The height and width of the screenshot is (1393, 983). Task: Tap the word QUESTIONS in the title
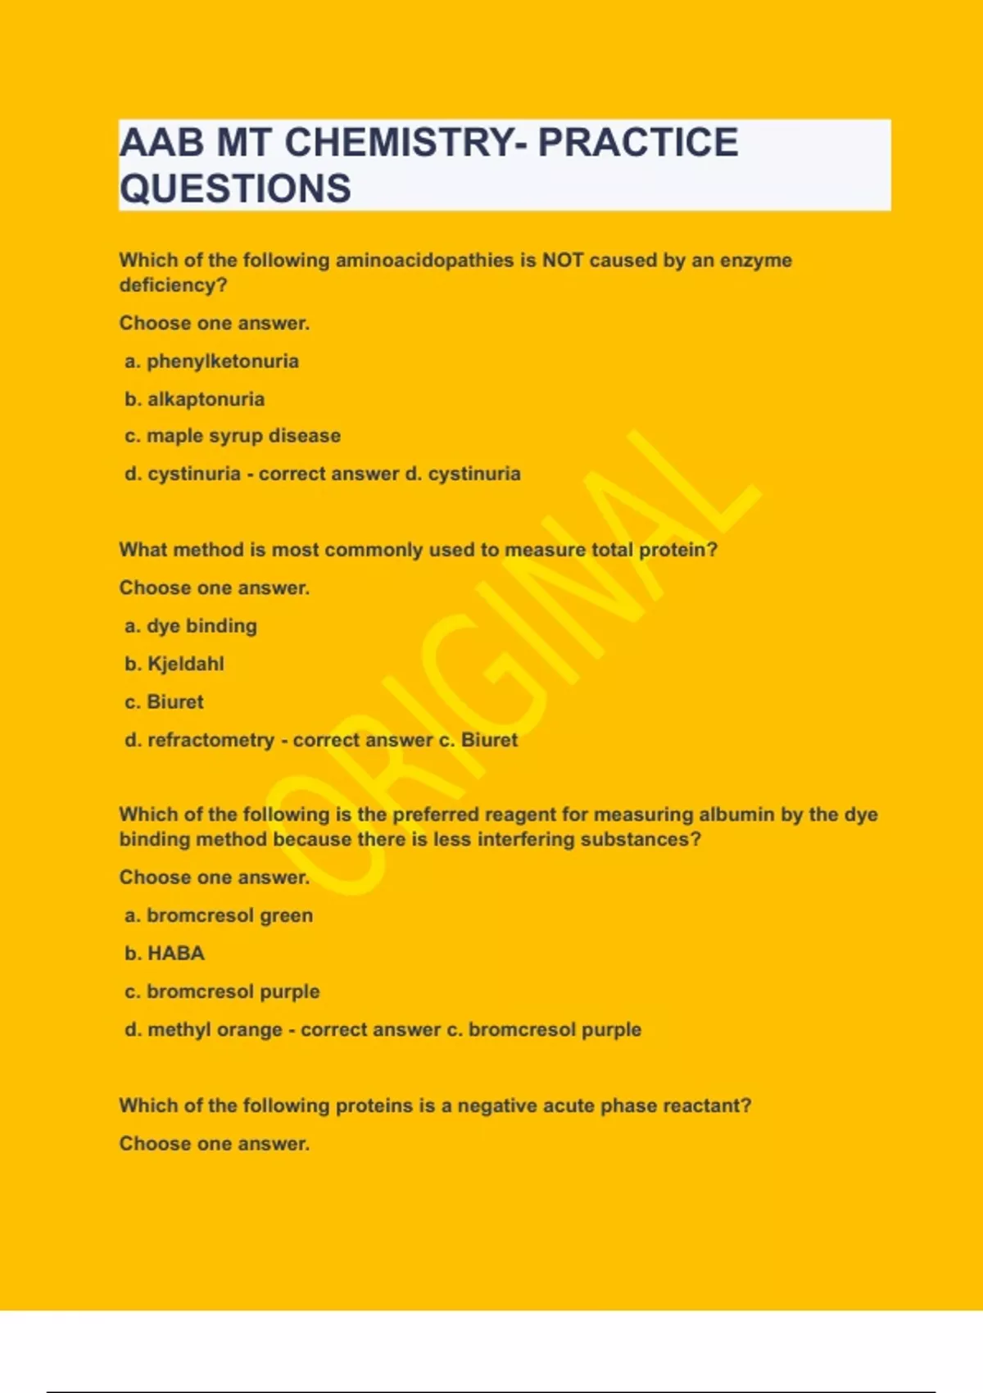(x=235, y=188)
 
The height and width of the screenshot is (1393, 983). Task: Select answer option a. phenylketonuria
(x=212, y=361)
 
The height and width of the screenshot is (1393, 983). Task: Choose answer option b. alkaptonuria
(x=195, y=399)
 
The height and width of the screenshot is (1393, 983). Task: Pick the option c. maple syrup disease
(x=233, y=436)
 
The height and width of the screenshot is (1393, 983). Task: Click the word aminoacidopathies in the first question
(x=424, y=261)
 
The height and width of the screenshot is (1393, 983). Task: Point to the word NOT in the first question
(x=563, y=261)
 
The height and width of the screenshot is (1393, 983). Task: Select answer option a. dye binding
(x=191, y=626)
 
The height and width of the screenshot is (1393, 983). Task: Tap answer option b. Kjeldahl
(x=174, y=664)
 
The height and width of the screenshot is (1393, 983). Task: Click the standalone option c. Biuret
(x=165, y=702)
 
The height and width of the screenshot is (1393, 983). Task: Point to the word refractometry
(x=211, y=740)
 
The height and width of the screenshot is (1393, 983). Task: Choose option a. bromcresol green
(x=219, y=915)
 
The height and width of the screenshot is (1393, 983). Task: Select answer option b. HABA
(x=165, y=953)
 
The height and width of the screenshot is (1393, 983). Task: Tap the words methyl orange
(x=215, y=1029)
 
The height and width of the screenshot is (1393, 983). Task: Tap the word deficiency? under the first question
(x=173, y=285)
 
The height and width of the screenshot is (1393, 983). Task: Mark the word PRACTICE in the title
(x=638, y=143)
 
